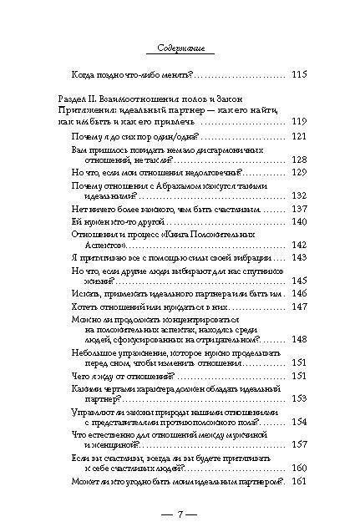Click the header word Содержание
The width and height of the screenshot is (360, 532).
coord(180,49)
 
